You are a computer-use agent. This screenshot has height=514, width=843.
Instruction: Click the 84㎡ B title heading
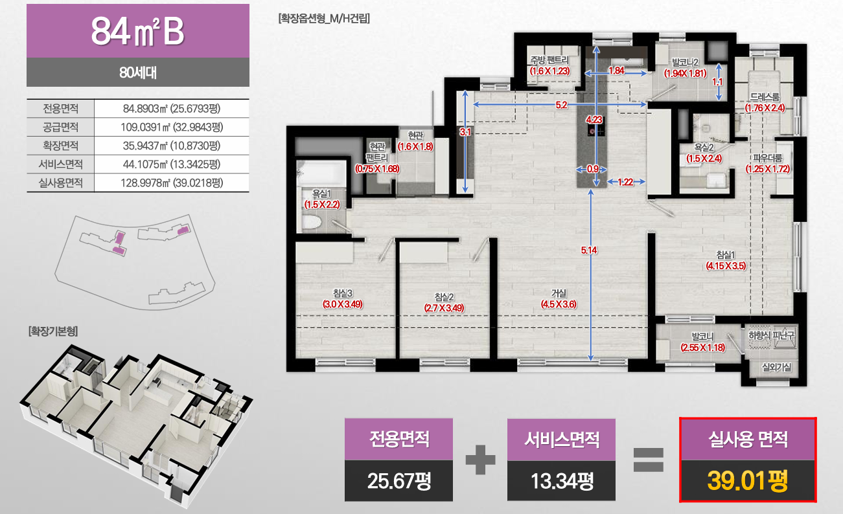click(137, 31)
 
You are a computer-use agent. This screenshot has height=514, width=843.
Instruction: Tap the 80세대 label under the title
click(137, 72)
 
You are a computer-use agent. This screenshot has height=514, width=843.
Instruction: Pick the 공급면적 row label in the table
click(61, 127)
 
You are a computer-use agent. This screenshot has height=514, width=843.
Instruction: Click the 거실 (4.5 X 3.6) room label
click(559, 299)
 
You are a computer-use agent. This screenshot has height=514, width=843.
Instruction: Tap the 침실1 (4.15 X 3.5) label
click(726, 260)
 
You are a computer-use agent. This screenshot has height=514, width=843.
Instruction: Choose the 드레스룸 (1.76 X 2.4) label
click(765, 103)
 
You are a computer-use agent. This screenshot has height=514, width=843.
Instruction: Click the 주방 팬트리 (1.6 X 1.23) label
click(549, 66)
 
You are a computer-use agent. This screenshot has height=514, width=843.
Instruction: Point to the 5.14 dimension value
click(589, 251)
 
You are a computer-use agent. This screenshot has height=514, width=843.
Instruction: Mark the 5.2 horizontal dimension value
click(562, 105)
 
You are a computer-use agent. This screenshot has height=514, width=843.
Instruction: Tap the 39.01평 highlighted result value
click(747, 481)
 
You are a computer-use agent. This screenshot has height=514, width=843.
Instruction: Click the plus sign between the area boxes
click(480, 460)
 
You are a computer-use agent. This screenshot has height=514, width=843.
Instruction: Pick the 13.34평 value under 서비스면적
click(561, 481)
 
